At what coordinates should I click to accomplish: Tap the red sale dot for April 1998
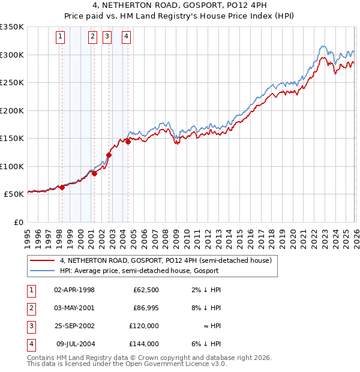(x=62, y=187)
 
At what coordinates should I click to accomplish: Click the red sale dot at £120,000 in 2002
(x=109, y=155)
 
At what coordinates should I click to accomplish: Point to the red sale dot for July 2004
(x=128, y=142)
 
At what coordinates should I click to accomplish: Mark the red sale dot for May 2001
(x=94, y=173)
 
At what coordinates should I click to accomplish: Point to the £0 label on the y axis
(x=18, y=222)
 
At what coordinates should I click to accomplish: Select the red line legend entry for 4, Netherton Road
(x=166, y=260)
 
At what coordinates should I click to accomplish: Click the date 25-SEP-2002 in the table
(x=74, y=326)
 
